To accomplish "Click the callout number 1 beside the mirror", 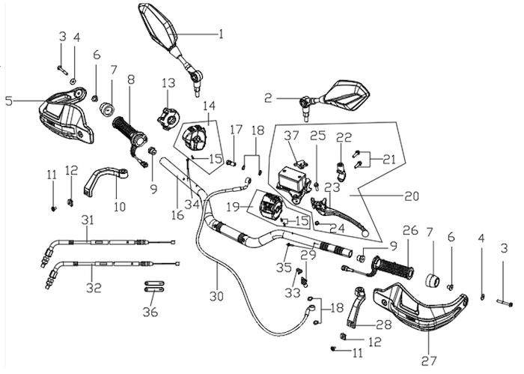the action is [221, 34].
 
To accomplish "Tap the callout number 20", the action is [412, 196].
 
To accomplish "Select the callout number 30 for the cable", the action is [216, 296].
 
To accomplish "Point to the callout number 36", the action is [150, 312].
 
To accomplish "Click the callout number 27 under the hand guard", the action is [429, 361].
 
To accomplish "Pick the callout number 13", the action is [168, 83].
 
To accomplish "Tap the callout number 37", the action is [291, 136].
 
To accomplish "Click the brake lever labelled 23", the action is [338, 216].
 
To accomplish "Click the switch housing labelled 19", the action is [271, 205].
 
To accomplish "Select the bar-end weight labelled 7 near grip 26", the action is [433, 280].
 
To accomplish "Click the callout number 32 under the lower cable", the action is [94, 288].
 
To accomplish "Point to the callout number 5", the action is [9, 100].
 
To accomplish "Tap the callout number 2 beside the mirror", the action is [268, 98].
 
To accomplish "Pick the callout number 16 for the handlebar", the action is [178, 215].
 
